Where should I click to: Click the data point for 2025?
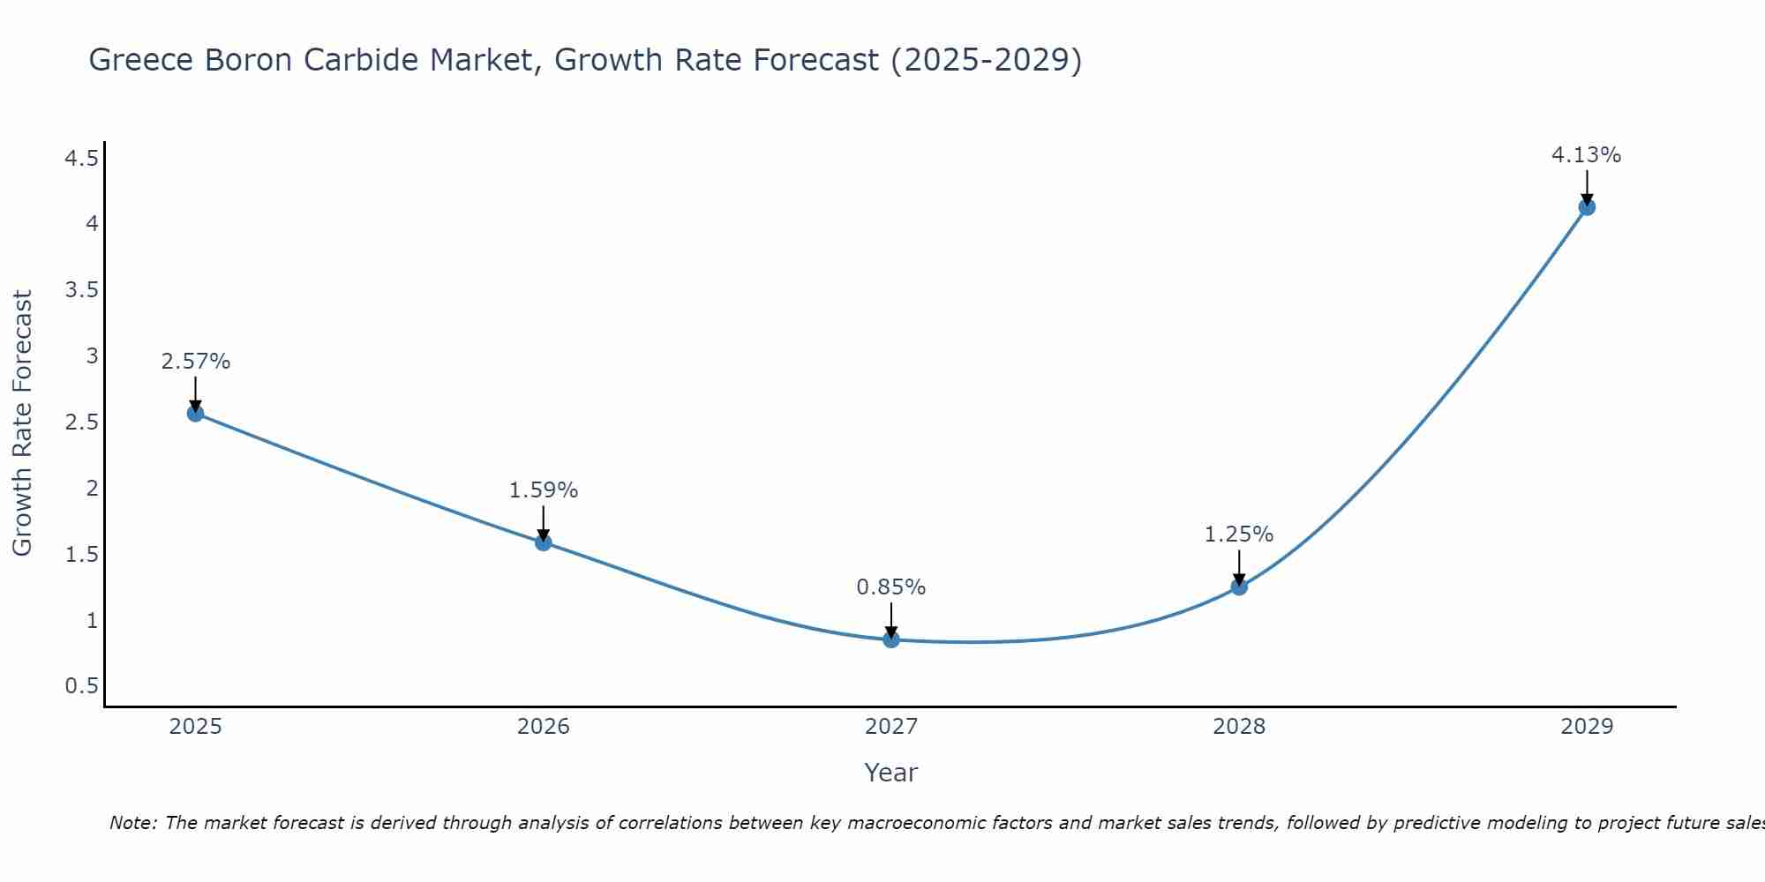(x=196, y=413)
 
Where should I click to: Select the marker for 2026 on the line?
(x=544, y=542)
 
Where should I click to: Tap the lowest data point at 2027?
(x=891, y=639)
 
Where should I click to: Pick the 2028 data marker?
(x=1239, y=587)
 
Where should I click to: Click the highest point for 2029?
(x=1587, y=207)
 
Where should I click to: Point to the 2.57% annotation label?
(x=196, y=362)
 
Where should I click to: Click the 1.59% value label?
(x=544, y=490)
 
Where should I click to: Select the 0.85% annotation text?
(x=891, y=587)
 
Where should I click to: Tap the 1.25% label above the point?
(x=1239, y=534)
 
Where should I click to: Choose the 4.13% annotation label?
(x=1587, y=155)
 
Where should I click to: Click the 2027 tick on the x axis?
(x=891, y=727)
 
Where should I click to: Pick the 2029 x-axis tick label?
(x=1587, y=727)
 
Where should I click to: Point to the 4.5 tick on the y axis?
(x=81, y=159)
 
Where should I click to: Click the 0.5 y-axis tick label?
(x=81, y=686)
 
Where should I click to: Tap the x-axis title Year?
(x=891, y=773)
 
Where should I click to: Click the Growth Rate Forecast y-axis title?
(x=23, y=423)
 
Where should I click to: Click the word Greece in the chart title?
(x=142, y=60)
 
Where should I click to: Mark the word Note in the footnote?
(x=132, y=824)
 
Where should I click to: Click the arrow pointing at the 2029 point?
(x=1587, y=187)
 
